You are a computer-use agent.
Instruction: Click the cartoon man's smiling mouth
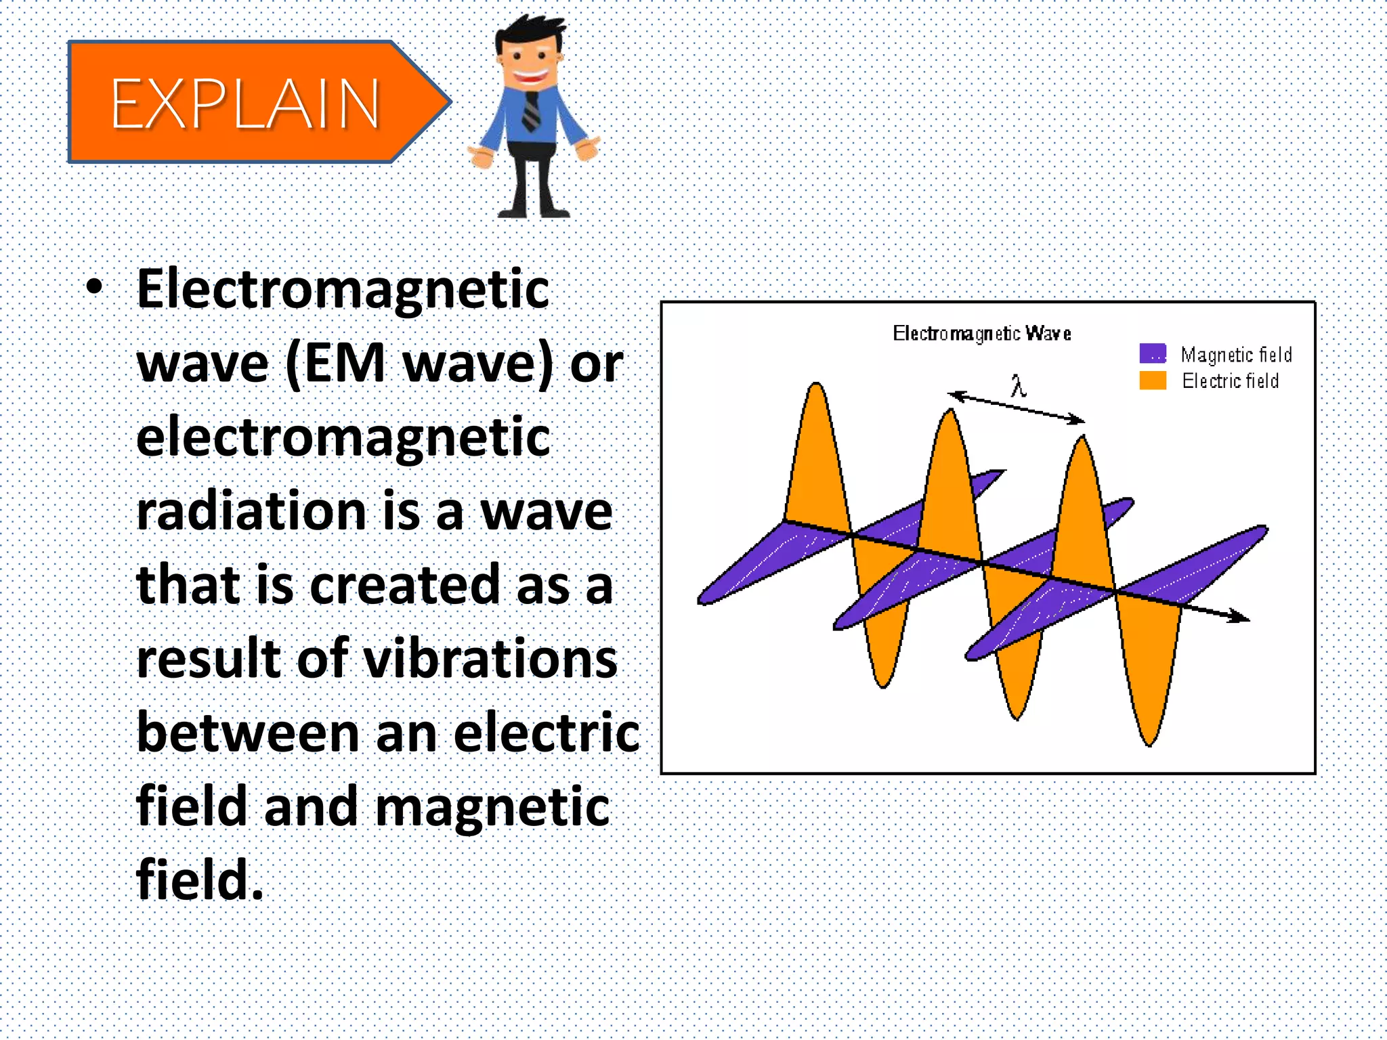[530, 77]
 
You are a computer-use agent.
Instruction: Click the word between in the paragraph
[248, 733]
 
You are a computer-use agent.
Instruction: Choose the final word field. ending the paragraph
[199, 880]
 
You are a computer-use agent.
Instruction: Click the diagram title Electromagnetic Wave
[981, 333]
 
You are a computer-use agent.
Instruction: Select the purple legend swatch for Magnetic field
[1152, 353]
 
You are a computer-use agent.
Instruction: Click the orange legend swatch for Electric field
[1152, 380]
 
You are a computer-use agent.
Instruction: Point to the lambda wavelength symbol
[1017, 386]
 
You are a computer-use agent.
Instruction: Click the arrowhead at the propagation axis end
[1241, 616]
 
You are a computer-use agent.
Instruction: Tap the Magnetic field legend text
[1236, 354]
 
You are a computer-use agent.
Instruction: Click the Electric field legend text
[1230, 381]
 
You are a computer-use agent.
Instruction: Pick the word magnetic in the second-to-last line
[492, 807]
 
